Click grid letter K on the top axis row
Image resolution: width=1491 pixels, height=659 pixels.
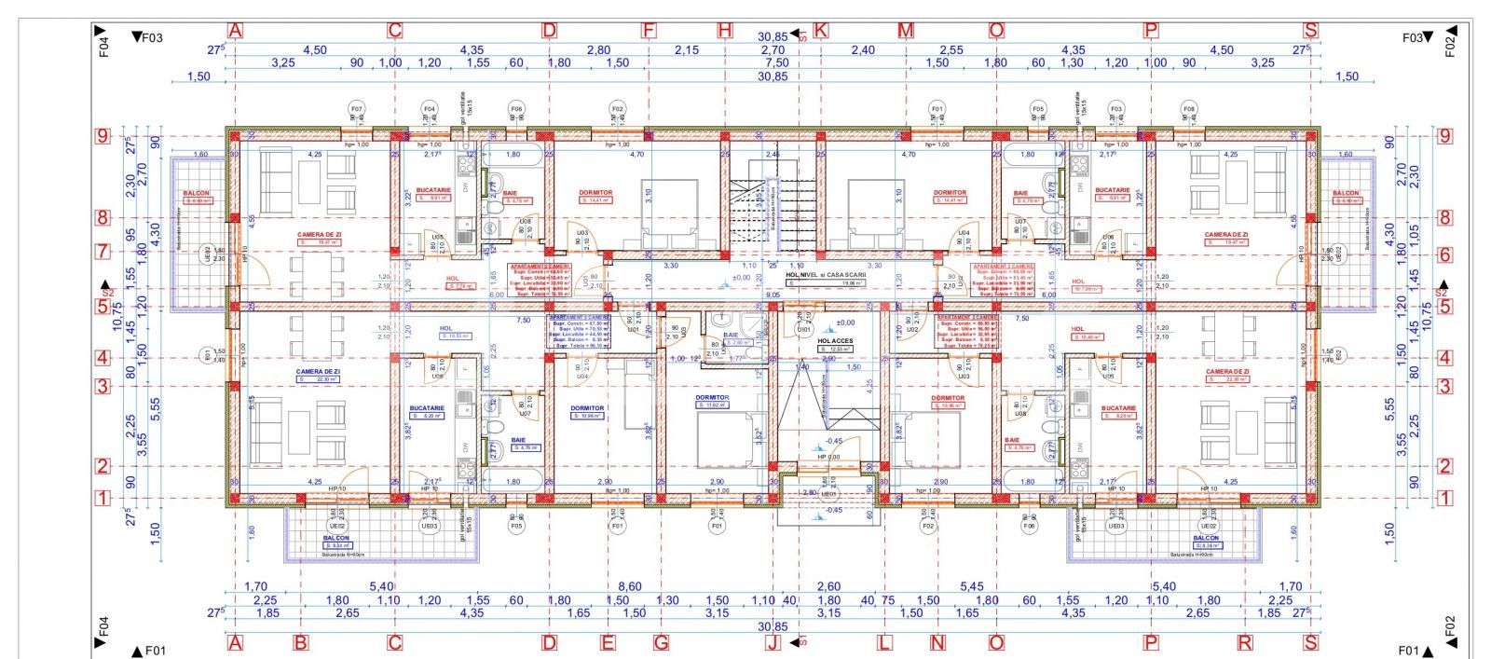pos(820,31)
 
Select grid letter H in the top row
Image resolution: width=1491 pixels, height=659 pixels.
pos(725,31)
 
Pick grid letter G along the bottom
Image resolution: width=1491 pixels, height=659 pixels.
pos(661,642)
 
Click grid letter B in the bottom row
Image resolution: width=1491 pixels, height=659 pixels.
pos(300,642)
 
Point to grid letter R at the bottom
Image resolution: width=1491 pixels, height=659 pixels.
pos(1245,642)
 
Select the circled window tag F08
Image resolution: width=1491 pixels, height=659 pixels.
pos(1188,109)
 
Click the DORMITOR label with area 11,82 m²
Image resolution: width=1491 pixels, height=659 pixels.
pos(712,398)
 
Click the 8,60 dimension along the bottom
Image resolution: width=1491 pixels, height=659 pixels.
pos(630,586)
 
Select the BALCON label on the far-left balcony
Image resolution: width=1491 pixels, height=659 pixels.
pos(197,194)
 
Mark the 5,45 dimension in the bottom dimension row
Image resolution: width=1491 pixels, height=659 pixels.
pos(970,586)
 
